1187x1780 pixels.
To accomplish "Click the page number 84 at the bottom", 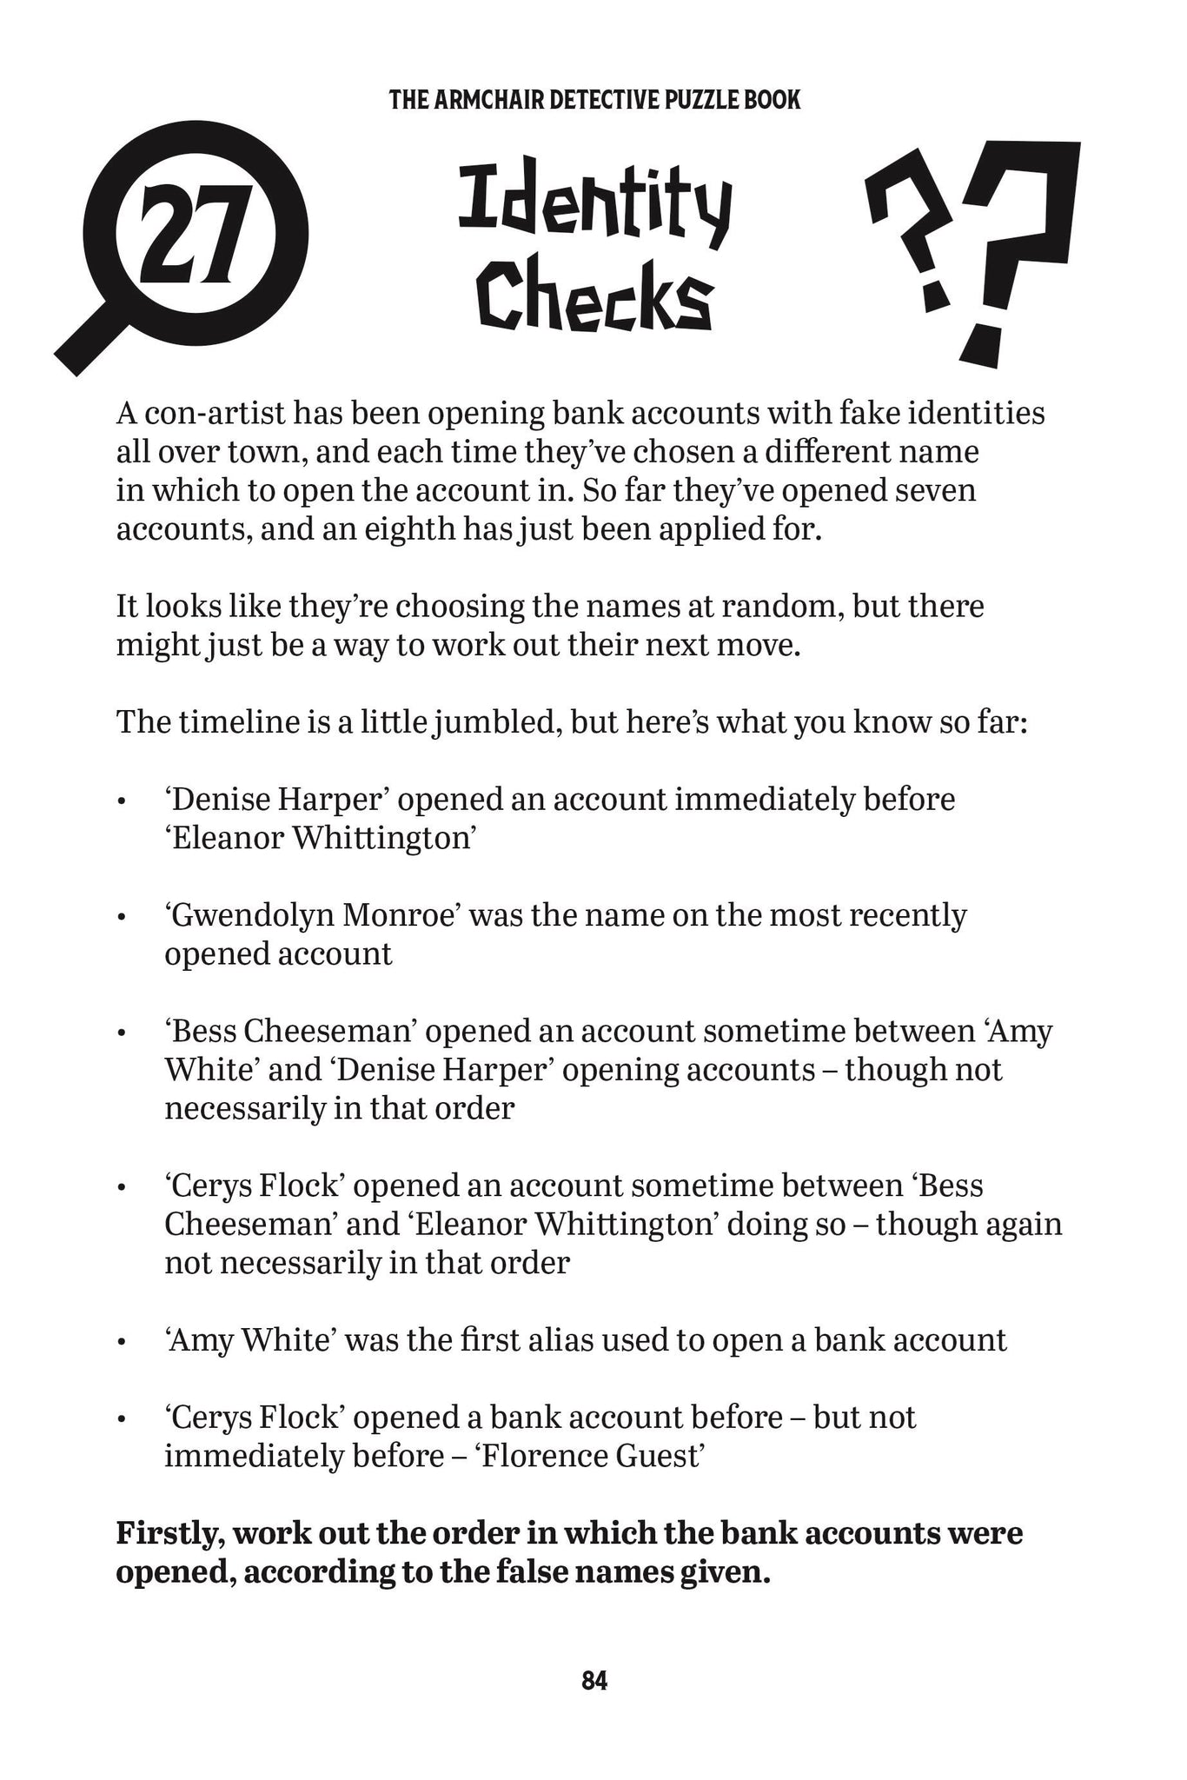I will coord(594,1680).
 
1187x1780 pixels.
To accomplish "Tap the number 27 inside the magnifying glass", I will coord(199,237).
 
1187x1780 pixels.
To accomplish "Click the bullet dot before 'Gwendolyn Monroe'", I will coord(124,918).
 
